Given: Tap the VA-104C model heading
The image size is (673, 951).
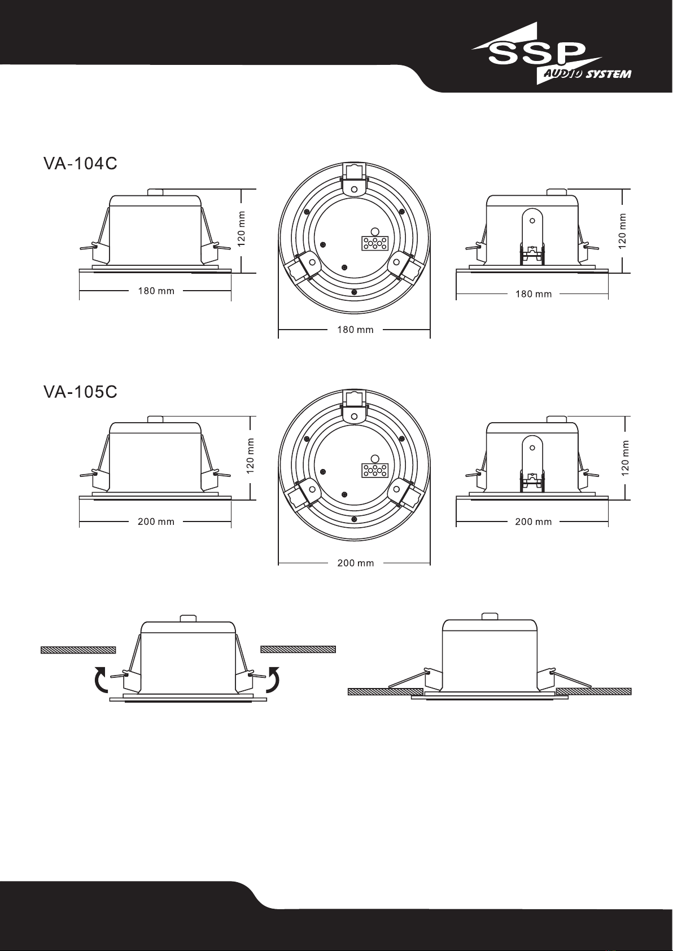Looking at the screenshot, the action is click(80, 164).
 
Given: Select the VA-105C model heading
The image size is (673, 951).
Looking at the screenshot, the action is click(80, 392).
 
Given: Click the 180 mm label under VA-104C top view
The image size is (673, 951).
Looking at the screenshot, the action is click(355, 330).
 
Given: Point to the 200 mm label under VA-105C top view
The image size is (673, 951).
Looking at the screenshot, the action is click(355, 563).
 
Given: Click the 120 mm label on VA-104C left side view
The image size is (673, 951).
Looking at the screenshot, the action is click(241, 229).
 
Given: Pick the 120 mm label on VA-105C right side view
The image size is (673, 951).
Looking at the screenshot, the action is click(625, 458).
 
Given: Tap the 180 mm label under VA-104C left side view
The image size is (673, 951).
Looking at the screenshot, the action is click(156, 291).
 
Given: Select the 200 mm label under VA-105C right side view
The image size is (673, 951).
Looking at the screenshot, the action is click(534, 521).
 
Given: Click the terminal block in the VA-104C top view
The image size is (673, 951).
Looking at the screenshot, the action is click(374, 243).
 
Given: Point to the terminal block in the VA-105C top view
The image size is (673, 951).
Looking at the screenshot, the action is click(374, 470).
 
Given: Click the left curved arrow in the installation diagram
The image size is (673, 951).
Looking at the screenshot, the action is click(100, 680).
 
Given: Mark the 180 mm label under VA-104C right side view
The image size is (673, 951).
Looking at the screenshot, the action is click(534, 294).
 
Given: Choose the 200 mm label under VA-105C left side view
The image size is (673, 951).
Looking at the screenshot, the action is click(156, 521).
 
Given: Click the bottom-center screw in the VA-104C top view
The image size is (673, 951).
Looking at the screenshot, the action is click(353, 292).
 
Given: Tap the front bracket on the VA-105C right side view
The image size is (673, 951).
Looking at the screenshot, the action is click(532, 464).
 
